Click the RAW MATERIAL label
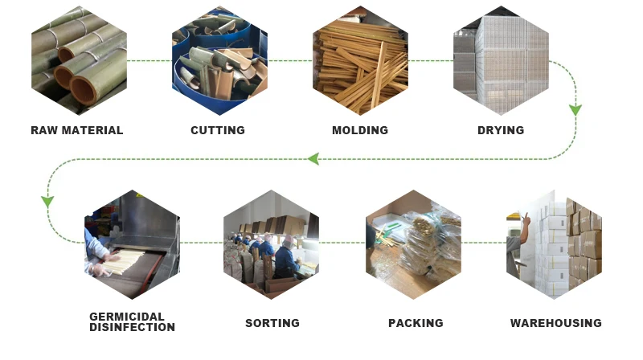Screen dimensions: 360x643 point(77,130)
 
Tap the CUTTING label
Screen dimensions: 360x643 point(218,130)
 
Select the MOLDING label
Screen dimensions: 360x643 point(360,130)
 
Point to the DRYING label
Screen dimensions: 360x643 point(501,130)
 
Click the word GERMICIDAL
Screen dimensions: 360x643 point(127,317)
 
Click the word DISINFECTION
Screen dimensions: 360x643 point(132,327)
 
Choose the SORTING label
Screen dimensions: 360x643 point(272,323)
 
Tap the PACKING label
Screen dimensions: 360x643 point(416,323)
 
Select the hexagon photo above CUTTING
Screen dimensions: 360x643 point(219,60)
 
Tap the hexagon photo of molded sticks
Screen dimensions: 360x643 point(360,60)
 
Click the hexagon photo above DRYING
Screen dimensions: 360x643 point(501,60)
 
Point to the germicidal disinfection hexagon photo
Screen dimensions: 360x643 point(132,244)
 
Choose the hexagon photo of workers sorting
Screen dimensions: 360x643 point(272,244)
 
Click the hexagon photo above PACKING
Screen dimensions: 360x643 point(413,244)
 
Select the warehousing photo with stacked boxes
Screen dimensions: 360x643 point(555,244)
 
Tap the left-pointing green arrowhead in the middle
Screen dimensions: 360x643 point(313,158)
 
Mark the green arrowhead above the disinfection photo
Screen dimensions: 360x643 point(47,200)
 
